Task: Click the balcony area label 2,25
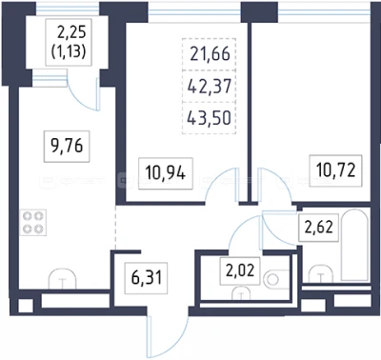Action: tap(71, 32)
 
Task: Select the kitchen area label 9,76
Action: tap(67, 147)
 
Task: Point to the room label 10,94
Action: tap(165, 173)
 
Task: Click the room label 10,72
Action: tap(335, 170)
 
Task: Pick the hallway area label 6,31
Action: tap(147, 278)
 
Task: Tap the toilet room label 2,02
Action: tap(240, 271)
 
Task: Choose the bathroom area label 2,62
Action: tap(319, 228)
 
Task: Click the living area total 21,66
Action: tap(210, 54)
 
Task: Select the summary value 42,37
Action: tap(210, 86)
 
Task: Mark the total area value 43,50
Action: tap(209, 118)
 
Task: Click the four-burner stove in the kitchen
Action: tap(33, 222)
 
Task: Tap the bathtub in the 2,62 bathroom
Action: tap(354, 245)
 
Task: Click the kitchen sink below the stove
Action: tap(62, 279)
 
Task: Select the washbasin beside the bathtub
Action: tap(321, 273)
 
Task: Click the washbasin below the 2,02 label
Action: tap(241, 293)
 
